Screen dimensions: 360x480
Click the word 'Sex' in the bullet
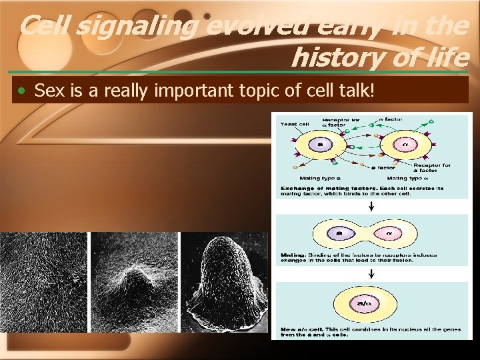coord(47,90)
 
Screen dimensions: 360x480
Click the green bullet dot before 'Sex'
coord(23,91)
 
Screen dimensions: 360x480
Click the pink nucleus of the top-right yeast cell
coord(404,144)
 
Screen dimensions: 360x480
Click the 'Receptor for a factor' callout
coord(432,167)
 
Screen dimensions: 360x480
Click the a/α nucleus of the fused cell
coord(365,303)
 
